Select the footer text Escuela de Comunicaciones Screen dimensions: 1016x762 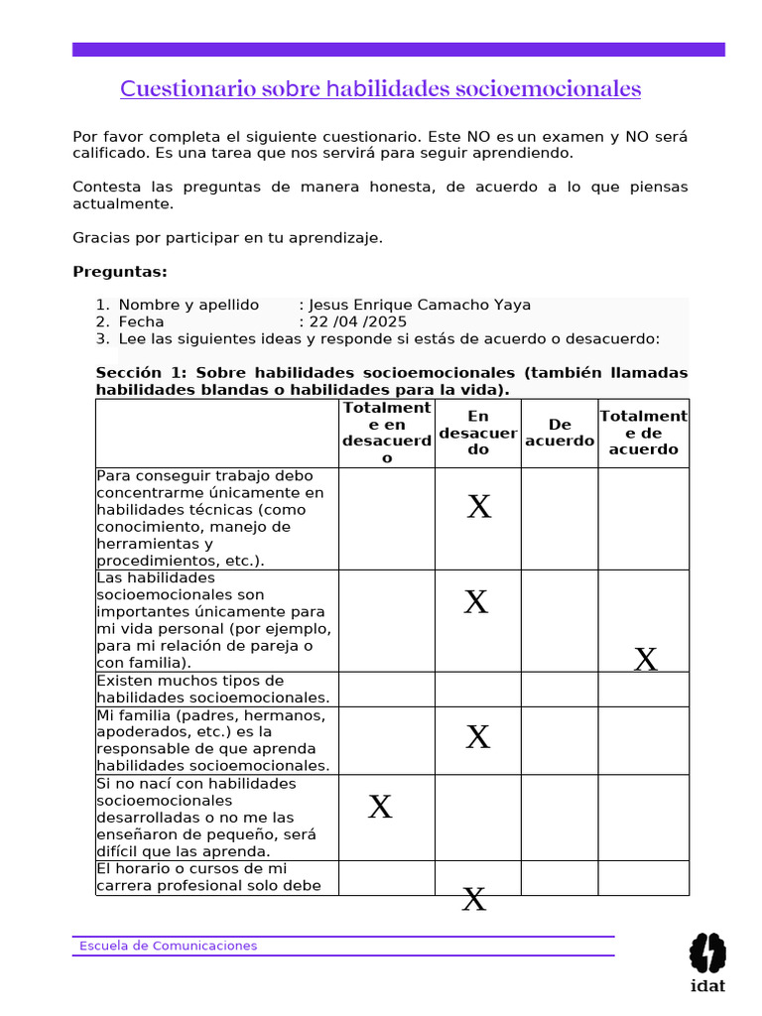[x=168, y=946]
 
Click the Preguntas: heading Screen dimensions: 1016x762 [x=120, y=272]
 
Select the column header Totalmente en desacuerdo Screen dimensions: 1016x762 [x=387, y=433]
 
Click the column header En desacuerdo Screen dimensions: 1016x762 [x=478, y=433]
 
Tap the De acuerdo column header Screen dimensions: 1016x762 [x=560, y=433]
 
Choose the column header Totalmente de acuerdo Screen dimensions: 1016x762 [x=643, y=433]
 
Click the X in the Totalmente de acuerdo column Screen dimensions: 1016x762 [x=645, y=659]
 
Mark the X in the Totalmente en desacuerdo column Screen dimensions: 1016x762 [x=380, y=807]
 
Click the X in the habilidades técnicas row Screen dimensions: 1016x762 [x=479, y=507]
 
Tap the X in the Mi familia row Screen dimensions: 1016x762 [x=478, y=736]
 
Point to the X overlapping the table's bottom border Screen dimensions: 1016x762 [x=475, y=900]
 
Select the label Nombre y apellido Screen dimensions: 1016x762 [x=189, y=305]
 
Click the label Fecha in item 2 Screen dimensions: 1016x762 [x=141, y=321]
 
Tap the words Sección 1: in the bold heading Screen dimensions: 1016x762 [x=141, y=372]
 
